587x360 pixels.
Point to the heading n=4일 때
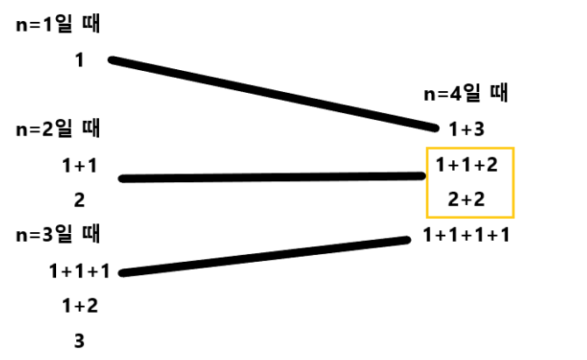(x=467, y=94)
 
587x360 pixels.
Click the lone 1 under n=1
(x=79, y=60)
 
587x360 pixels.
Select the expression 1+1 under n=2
(x=79, y=165)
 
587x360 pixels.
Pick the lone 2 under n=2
(x=79, y=201)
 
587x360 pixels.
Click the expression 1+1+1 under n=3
(x=79, y=271)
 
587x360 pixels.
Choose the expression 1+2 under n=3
(x=79, y=306)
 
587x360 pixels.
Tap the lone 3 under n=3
(x=79, y=341)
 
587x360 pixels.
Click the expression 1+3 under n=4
(x=467, y=130)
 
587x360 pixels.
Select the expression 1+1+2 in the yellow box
(x=467, y=165)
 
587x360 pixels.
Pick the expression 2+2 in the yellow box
(x=467, y=201)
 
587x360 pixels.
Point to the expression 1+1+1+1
(x=467, y=235)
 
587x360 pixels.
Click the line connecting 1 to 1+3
(x=272, y=93)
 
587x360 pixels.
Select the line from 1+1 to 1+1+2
(x=272, y=177)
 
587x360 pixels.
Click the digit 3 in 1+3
(x=479, y=130)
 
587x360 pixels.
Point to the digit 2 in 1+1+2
(x=492, y=165)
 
